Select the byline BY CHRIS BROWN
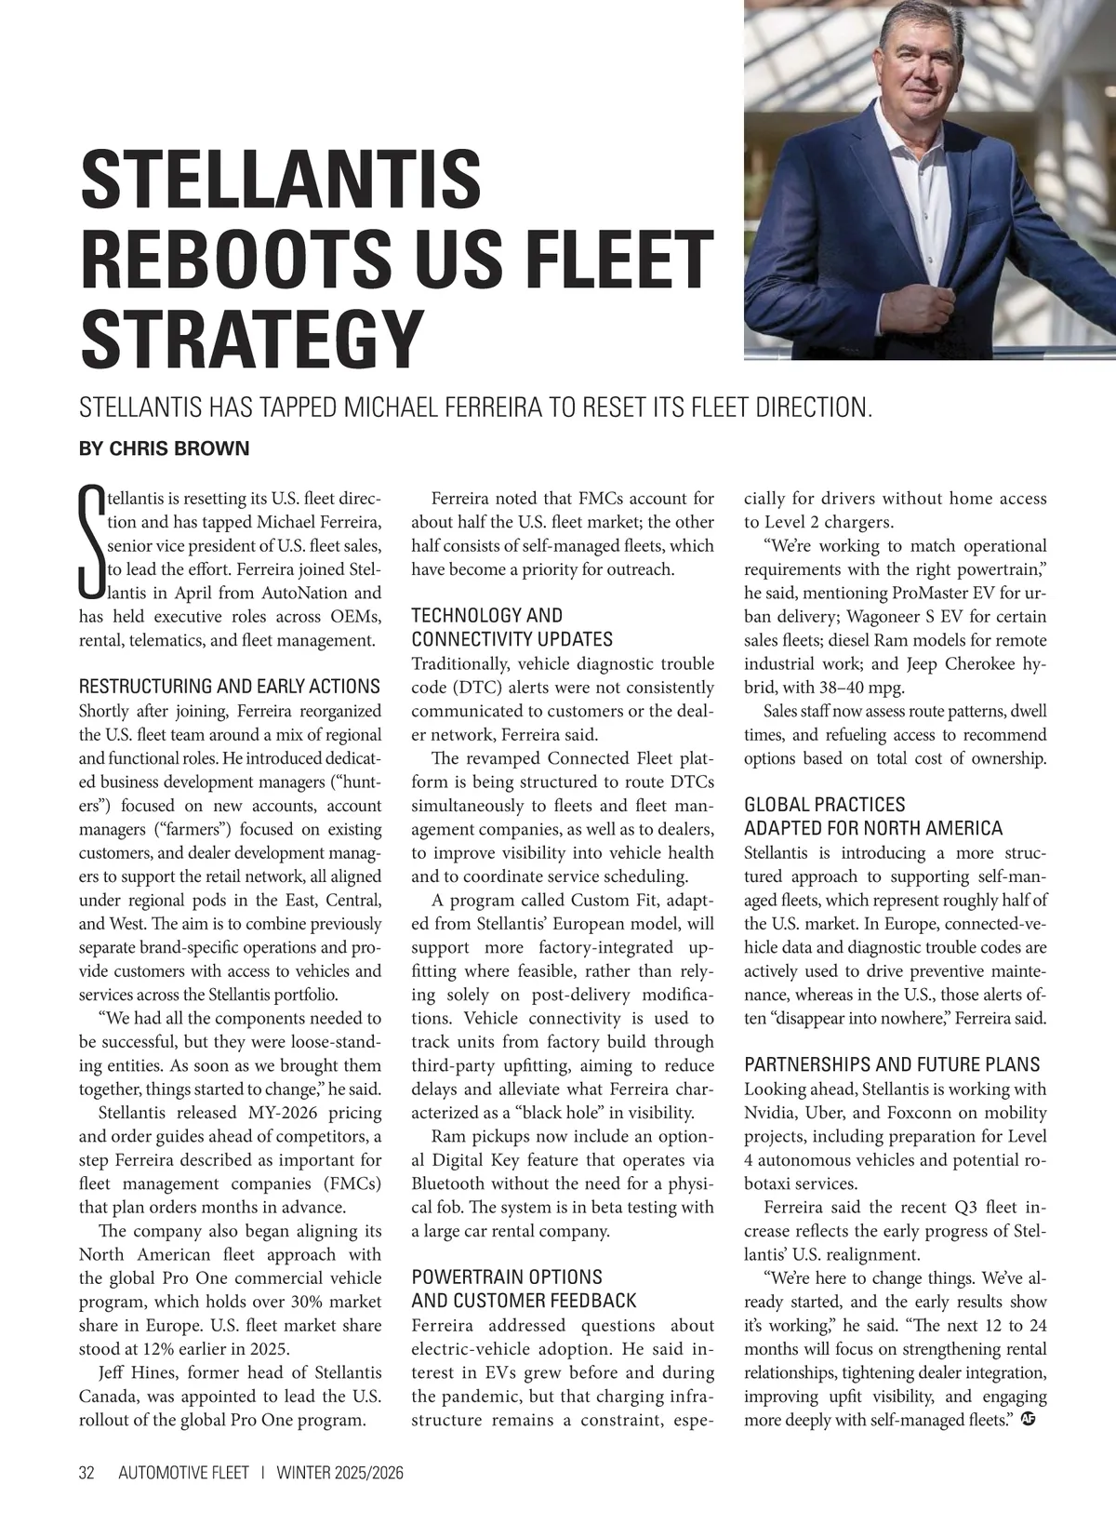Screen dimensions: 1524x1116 pos(165,449)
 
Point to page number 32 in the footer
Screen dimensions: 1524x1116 pos(87,1473)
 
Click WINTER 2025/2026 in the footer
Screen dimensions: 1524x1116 pos(339,1473)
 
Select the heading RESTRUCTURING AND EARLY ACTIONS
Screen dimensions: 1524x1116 pos(230,687)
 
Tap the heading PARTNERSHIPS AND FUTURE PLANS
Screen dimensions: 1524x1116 pos(892,1064)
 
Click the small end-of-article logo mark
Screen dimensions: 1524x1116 pos(1028,1420)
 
